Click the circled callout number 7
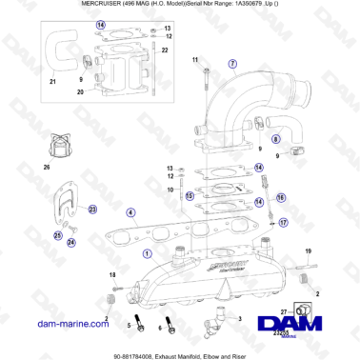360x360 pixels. click(x=230, y=64)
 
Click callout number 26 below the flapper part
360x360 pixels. click(x=46, y=168)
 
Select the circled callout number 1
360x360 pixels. click(x=146, y=254)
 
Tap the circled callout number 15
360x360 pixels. click(x=190, y=196)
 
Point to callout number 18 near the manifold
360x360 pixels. click(x=111, y=274)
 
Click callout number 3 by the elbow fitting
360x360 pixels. click(x=239, y=320)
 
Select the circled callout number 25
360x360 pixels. click(x=57, y=234)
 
